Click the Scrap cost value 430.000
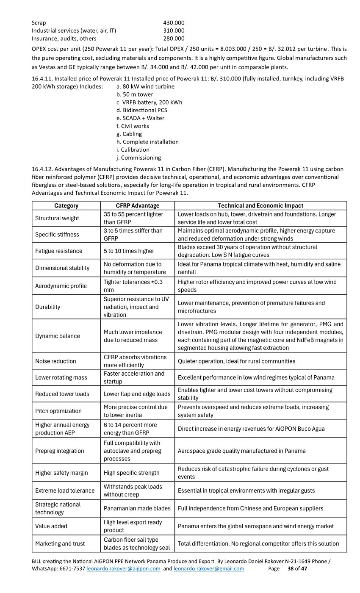[x=174, y=22]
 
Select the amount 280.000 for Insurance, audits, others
[x=174, y=39]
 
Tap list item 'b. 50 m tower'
[x=134, y=94]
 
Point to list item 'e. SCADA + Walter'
[x=140, y=118]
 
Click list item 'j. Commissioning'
[x=138, y=158]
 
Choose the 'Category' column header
[x=66, y=205]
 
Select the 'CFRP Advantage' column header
[x=138, y=205]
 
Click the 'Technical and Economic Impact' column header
[x=260, y=205]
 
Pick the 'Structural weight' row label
[x=57, y=218]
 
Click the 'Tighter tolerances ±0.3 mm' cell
[x=133, y=286]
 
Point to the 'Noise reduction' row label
[x=55, y=361]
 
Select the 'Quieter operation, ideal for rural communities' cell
[x=236, y=361]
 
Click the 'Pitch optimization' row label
[x=58, y=411]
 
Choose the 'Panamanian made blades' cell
[x=137, y=508]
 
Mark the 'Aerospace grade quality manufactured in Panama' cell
[x=241, y=451]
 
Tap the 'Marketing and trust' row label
[x=60, y=543]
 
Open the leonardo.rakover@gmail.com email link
[x=209, y=568]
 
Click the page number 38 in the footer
[x=291, y=568]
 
